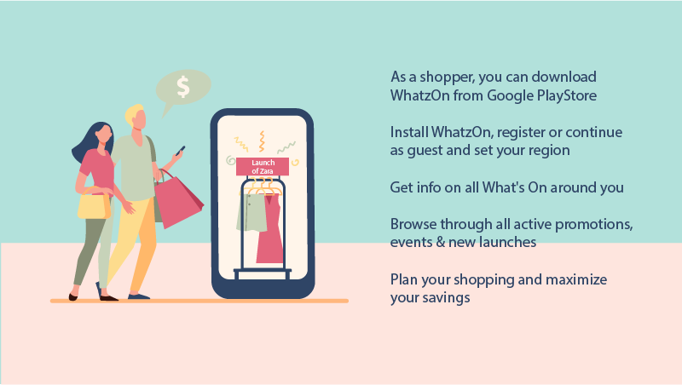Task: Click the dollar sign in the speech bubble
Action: coord(183,87)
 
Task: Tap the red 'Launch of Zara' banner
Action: coord(263,166)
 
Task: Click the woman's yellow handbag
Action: coord(94,204)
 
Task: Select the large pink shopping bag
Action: coord(177,199)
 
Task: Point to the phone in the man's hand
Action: coord(180,151)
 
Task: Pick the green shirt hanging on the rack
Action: coord(251,212)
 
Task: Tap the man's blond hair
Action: coord(133,114)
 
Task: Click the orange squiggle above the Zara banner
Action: coord(262,141)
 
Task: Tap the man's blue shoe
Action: coord(139,296)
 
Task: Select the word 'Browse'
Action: coord(413,224)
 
